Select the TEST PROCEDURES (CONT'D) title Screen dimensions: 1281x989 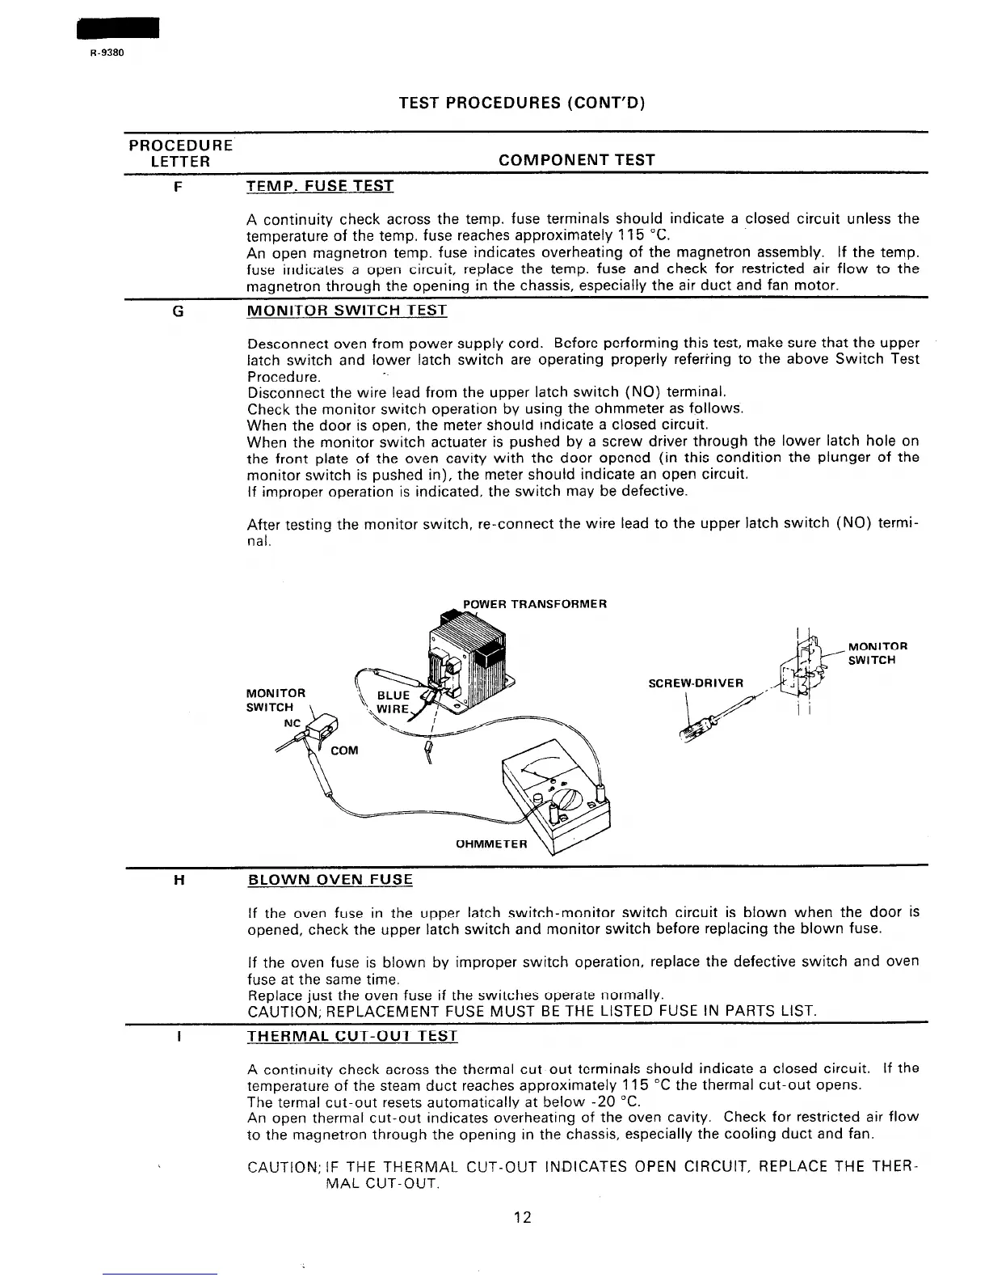[523, 103]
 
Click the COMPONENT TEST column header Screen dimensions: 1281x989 [577, 160]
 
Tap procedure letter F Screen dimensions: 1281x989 [178, 187]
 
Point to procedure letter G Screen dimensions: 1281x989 [178, 311]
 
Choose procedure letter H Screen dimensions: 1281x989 [178, 880]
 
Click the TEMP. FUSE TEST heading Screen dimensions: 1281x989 [320, 187]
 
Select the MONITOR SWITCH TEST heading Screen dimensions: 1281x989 [347, 311]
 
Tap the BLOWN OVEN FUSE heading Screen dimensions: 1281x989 [330, 880]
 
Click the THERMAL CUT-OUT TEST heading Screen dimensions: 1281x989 [352, 1036]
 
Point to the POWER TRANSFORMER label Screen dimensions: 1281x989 [534, 604]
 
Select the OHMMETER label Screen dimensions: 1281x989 [491, 844]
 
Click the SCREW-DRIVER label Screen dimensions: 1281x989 [696, 683]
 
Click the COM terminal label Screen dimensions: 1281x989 [344, 750]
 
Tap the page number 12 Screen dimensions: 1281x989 [522, 1217]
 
